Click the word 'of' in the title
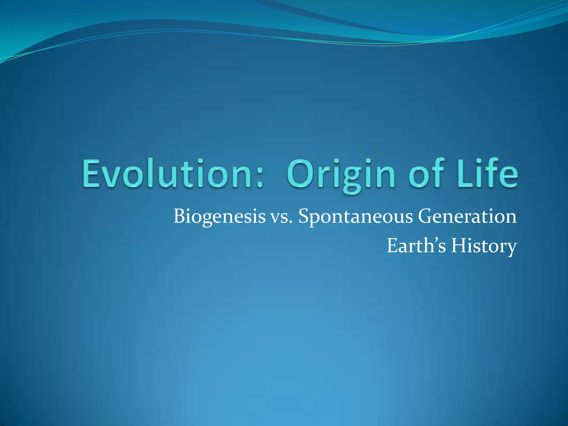click(x=427, y=173)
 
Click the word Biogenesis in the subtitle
click(x=219, y=217)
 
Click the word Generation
click(x=467, y=217)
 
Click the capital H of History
click(x=459, y=246)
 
